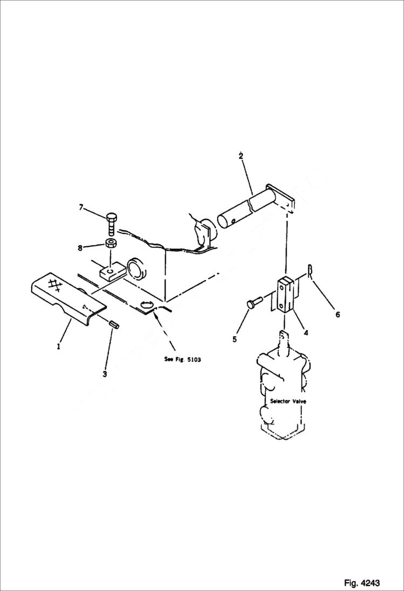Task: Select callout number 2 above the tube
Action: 241,156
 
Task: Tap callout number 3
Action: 105,373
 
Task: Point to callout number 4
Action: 306,333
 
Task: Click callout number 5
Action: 235,339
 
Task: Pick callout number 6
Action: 338,315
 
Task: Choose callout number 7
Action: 81,207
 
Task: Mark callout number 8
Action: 81,248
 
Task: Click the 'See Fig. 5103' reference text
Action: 182,359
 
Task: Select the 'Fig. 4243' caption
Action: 362,583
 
